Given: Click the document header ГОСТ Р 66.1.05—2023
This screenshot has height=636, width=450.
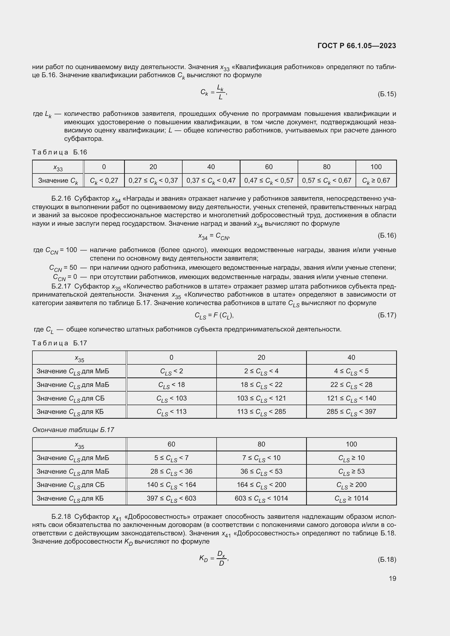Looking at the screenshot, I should coord(357,46).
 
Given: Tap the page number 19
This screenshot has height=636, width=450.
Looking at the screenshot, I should coord(392,578).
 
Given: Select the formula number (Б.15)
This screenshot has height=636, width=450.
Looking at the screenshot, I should coord(387,94).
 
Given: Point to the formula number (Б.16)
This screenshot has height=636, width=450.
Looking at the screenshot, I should coord(387,235).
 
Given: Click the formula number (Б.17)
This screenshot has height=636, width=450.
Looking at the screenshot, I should coord(387,315).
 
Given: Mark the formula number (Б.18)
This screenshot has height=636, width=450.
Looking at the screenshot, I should coord(387,560).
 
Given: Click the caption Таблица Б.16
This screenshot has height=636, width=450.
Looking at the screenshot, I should coord(60,152).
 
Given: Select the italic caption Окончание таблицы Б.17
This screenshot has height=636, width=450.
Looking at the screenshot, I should coord(73,430).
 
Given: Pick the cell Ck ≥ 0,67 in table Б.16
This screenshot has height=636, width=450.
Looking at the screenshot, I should coord(376,181).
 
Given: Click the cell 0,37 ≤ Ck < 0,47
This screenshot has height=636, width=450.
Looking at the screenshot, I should coord(211,181).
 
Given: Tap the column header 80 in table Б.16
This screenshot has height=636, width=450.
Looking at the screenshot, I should coord(326,167).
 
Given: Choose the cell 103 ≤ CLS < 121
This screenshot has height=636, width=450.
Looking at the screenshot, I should coord(261,398).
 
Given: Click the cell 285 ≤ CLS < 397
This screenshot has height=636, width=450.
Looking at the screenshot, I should coord(351,412).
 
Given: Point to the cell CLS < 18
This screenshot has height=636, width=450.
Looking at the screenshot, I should coord(171,385).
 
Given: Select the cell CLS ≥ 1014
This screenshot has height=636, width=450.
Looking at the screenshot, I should coord(351,498).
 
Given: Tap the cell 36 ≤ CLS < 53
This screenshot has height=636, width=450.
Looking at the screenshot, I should coord(261,471).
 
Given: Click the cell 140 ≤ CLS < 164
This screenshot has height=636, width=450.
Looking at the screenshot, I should coord(171,485).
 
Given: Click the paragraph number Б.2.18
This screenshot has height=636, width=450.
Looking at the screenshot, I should coord(61,517).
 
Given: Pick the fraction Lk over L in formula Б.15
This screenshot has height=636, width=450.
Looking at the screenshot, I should coord(220,92).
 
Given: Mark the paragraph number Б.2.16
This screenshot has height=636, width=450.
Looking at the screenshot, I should coord(61,198).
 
